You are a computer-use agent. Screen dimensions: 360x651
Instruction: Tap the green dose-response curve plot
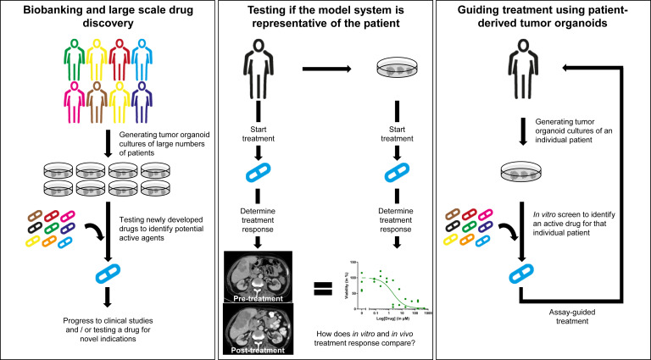point(392,280)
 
